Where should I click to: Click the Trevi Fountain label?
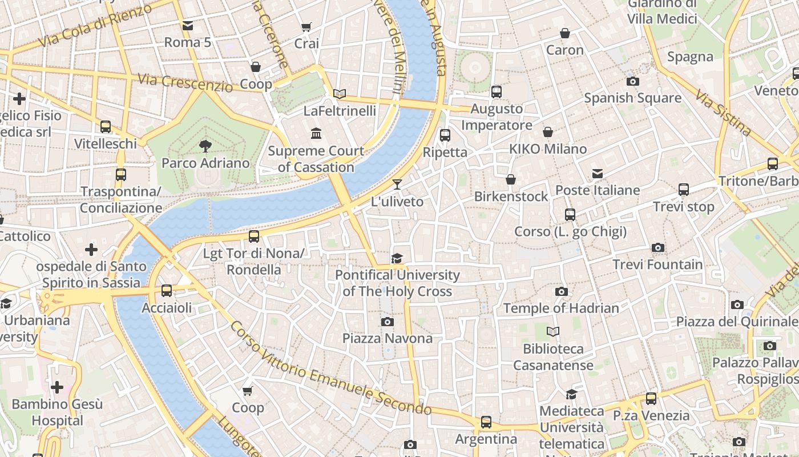tap(657, 264)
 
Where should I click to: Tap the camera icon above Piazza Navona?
tap(388, 322)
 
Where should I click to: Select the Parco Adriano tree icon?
tap(205, 146)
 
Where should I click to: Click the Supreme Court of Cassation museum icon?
tap(316, 134)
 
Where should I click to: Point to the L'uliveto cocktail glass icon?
tap(397, 185)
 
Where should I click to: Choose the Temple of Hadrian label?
tap(560, 308)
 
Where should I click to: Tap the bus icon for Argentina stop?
tap(486, 422)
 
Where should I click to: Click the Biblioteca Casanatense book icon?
tap(553, 331)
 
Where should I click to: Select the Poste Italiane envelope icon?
tap(598, 173)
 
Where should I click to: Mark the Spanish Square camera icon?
tap(632, 81)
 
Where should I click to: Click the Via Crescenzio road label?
tap(185, 83)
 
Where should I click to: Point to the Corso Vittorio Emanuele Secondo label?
tap(330, 369)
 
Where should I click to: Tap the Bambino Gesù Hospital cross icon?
tap(57, 387)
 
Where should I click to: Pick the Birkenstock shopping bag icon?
tap(511, 179)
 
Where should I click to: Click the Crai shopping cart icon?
tap(306, 27)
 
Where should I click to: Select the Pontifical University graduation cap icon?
tap(397, 258)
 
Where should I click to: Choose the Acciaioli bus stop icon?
tap(167, 291)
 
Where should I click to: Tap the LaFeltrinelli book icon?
tap(340, 94)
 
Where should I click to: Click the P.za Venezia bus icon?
tap(651, 399)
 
